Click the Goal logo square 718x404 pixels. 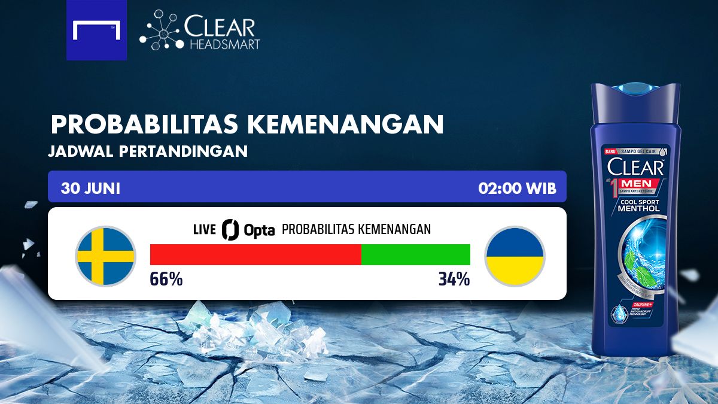pos(96,30)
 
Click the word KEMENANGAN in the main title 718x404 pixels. pos(345,124)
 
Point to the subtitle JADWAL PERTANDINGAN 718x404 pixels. pos(148,151)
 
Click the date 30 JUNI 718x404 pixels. pos(90,189)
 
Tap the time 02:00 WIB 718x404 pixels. pos(517,189)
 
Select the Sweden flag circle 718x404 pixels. pos(105,256)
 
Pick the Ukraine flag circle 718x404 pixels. pos(515,256)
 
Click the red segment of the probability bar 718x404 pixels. pos(255,254)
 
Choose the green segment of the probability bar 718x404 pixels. pos(416,254)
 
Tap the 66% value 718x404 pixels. pos(166,280)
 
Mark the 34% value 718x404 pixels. pos(454,280)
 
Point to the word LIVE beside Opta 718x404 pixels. pos(204,230)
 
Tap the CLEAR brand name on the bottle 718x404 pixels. pos(635,167)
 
